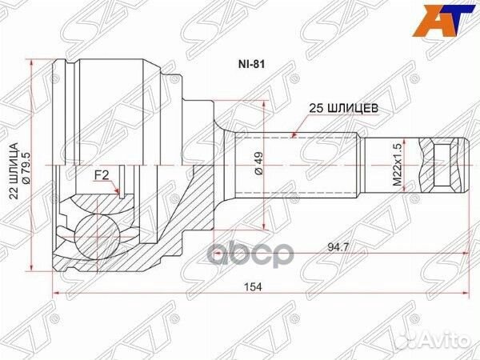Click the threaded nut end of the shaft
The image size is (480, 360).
[x=448, y=165]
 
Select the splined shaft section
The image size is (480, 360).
[x=296, y=166]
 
